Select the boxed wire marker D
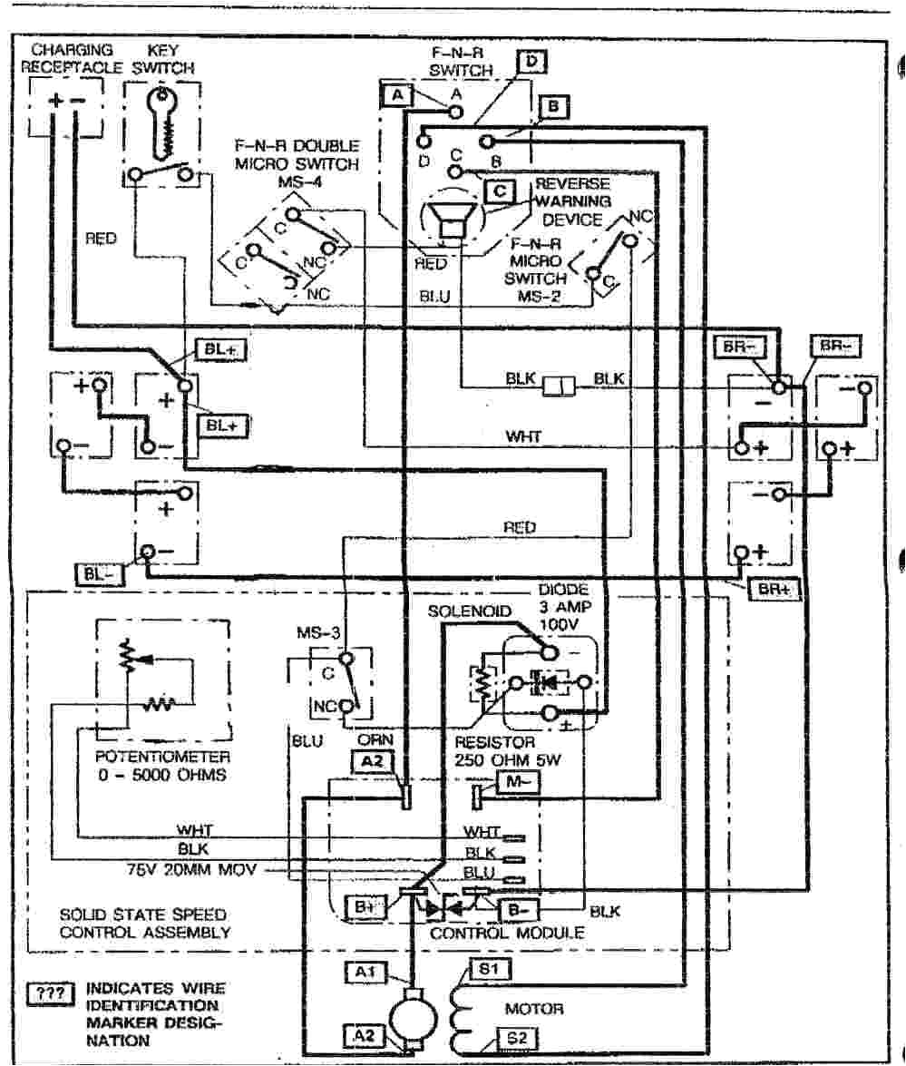coord(532,62)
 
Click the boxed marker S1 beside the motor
coord(489,970)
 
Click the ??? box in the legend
coord(52,992)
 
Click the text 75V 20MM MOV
coord(193,870)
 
